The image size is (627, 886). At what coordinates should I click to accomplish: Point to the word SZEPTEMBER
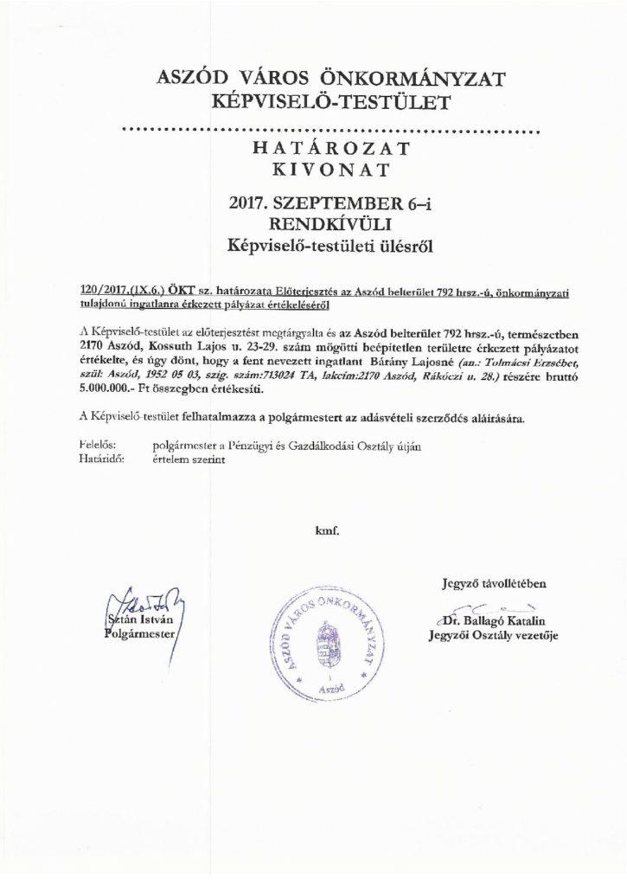point(329,205)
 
